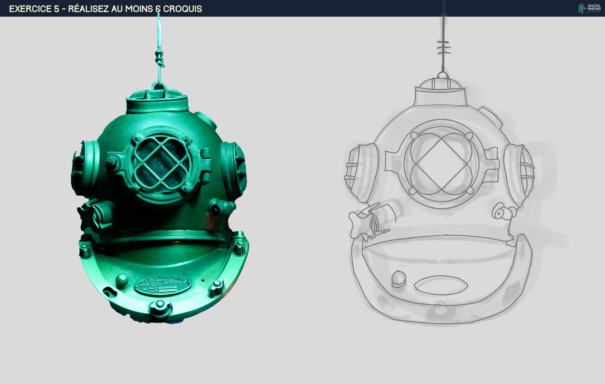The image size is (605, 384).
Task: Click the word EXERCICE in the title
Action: (30, 9)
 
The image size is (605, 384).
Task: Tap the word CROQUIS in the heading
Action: (182, 9)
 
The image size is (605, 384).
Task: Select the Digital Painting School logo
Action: (590, 8)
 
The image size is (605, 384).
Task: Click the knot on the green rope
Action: (159, 59)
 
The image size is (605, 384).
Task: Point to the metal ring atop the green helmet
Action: (159, 86)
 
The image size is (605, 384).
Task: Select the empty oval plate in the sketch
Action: (441, 285)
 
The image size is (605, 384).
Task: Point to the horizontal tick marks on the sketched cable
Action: (444, 48)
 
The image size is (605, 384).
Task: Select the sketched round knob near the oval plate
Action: (399, 278)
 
